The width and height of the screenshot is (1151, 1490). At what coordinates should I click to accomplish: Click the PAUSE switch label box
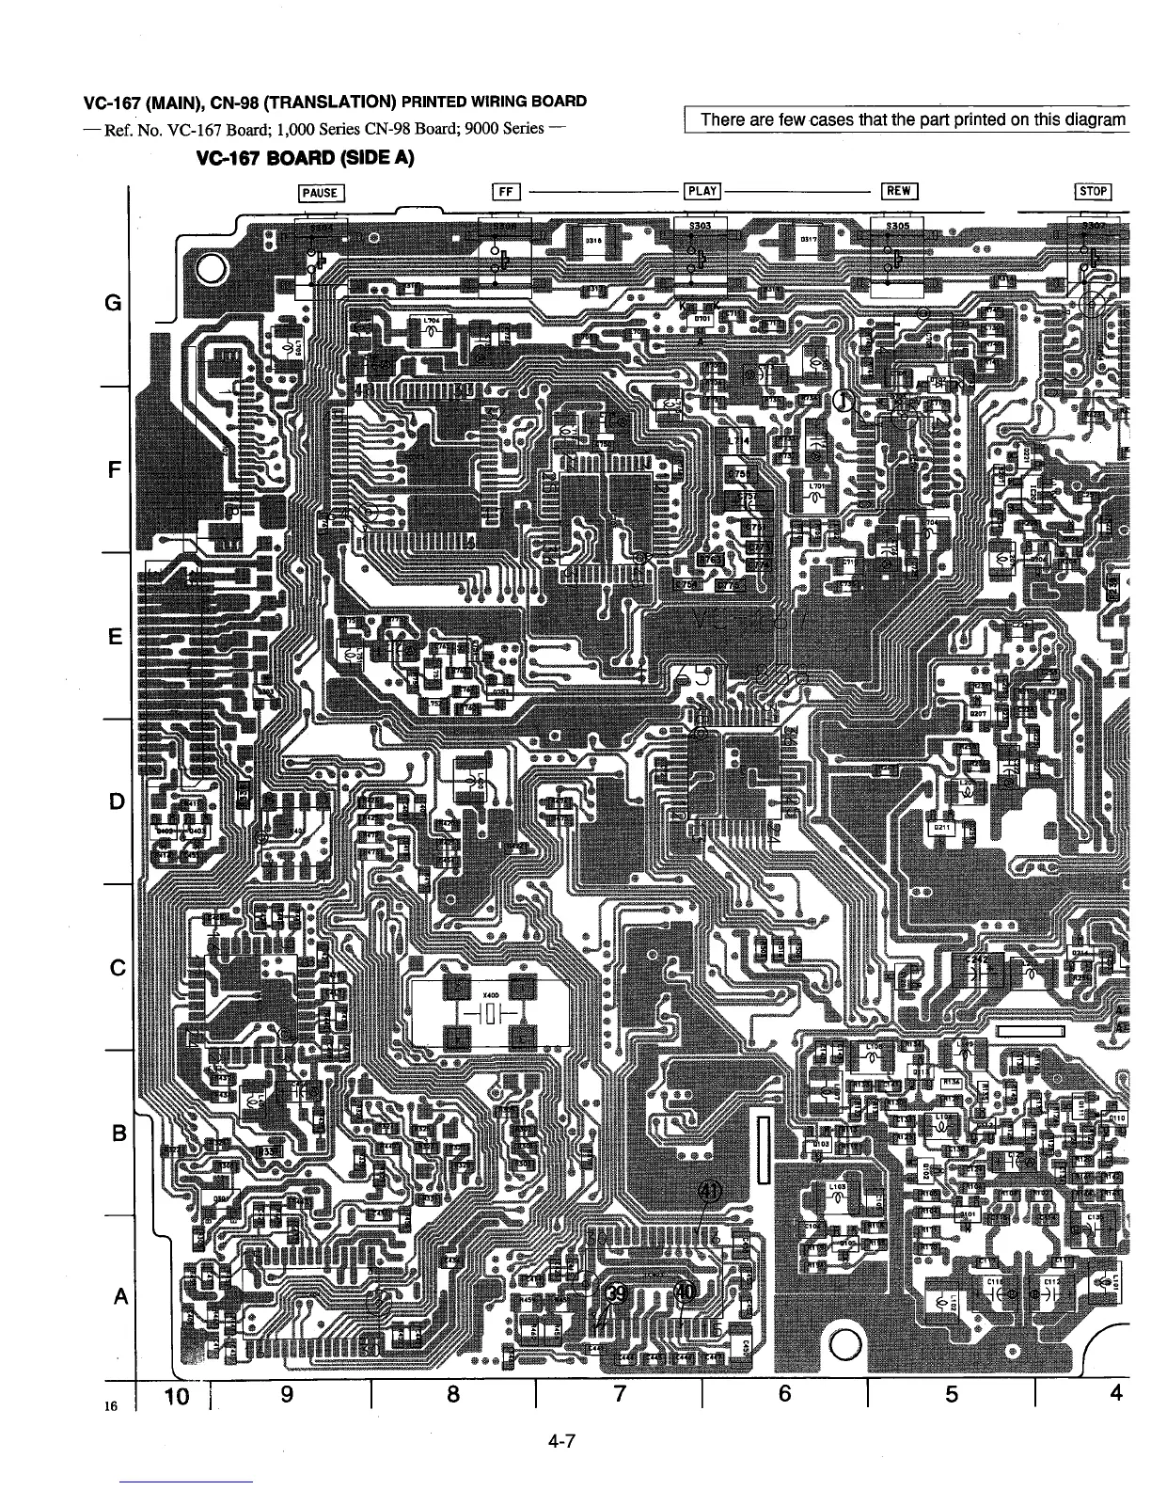click(321, 194)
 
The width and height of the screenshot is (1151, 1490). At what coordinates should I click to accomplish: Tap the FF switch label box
click(505, 193)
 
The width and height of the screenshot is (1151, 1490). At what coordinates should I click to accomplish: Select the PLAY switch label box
click(702, 192)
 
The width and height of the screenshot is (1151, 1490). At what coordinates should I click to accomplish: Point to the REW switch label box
click(899, 192)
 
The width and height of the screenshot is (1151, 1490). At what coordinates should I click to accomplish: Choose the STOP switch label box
click(1094, 193)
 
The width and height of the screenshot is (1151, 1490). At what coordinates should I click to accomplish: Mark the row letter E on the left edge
click(115, 638)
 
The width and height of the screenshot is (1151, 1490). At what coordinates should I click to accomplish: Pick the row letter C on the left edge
click(117, 968)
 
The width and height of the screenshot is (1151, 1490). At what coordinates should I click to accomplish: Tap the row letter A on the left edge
click(118, 1296)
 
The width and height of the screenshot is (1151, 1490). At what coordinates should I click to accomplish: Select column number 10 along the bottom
click(179, 1395)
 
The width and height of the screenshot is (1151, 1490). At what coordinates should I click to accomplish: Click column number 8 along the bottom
click(453, 1395)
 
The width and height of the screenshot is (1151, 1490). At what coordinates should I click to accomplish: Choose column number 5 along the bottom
click(952, 1395)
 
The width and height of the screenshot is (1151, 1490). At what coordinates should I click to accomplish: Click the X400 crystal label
click(490, 994)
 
